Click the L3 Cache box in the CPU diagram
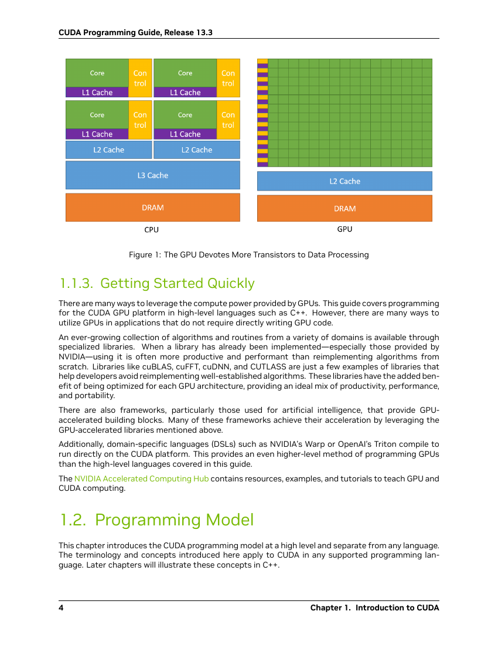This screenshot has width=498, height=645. [153, 175]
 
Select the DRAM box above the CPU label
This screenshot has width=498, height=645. [153, 208]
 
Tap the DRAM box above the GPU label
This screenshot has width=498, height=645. [344, 208]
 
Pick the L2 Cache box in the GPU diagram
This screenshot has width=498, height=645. [344, 181]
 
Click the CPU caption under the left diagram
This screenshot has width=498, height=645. [152, 229]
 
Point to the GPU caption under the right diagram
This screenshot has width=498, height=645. [344, 229]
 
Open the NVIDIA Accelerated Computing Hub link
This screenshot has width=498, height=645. [141, 478]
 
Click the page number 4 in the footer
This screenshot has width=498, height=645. [61, 607]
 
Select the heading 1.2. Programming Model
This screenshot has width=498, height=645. [157, 520]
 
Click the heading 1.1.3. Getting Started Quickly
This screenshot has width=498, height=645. [158, 283]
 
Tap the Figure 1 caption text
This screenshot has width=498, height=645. [249, 254]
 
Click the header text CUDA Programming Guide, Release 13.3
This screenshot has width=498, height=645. [135, 32]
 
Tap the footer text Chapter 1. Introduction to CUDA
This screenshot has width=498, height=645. [375, 607]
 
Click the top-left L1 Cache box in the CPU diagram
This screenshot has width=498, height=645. [97, 92]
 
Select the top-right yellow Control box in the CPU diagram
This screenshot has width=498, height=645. [228, 78]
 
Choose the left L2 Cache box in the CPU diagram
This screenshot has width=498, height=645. [109, 150]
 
